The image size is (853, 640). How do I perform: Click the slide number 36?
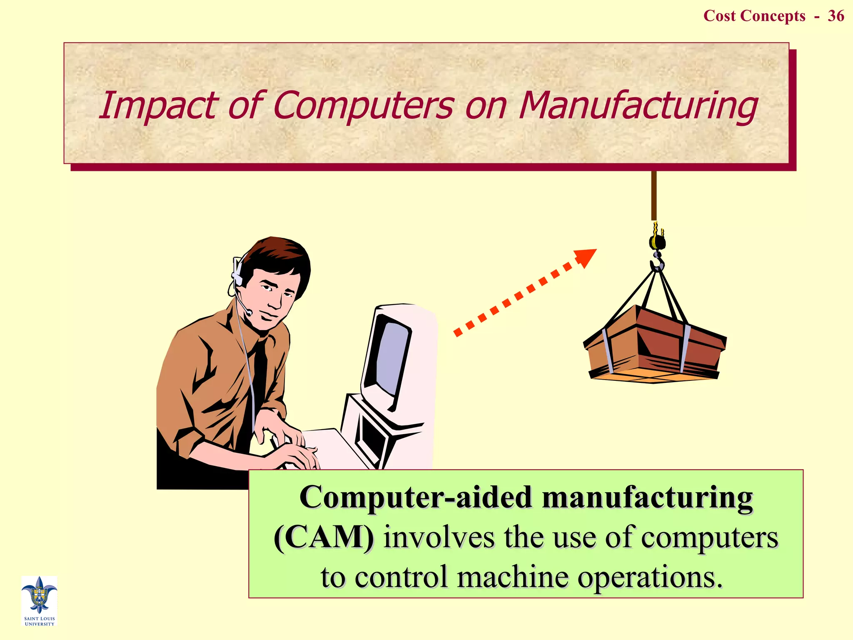coord(836,16)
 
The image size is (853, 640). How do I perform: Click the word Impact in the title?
coord(157,106)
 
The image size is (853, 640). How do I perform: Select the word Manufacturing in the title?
coord(638,106)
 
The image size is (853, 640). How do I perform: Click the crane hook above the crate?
coord(657,262)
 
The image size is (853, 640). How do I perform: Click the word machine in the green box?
coord(513,577)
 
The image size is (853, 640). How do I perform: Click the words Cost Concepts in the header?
coord(754,16)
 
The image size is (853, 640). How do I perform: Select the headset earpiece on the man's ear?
coord(238,273)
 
